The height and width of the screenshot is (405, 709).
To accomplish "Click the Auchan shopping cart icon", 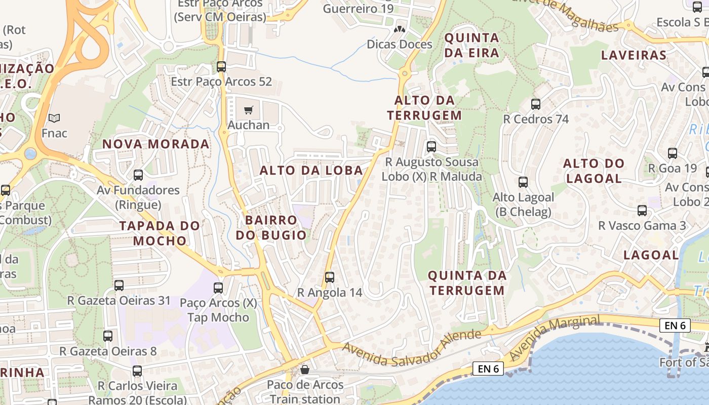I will [248, 110].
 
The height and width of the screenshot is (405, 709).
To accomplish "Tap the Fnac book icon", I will [54, 118].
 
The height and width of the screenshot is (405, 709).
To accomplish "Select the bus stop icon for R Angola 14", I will [330, 277].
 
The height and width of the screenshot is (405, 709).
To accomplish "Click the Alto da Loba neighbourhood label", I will [311, 171].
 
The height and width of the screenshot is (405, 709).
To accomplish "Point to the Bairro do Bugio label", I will [271, 228].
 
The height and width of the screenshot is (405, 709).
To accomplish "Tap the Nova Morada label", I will [156, 144].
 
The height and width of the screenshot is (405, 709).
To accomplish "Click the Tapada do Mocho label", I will [160, 233].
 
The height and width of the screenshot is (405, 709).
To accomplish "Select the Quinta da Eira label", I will [471, 45].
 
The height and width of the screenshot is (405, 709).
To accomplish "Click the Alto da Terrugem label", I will [424, 108].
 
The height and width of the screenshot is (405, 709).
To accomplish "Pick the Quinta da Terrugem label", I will [466, 283].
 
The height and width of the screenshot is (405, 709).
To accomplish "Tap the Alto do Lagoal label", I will [594, 171].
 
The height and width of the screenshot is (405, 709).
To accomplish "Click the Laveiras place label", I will [633, 55].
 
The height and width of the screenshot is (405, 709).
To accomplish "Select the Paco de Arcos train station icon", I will [305, 370].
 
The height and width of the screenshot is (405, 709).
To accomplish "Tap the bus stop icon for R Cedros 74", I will [536, 104].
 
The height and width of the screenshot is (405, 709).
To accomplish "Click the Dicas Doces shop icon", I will [400, 29].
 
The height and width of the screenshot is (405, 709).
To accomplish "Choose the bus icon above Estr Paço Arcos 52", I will [221, 66].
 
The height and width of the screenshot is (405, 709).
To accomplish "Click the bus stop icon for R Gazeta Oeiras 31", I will [119, 286].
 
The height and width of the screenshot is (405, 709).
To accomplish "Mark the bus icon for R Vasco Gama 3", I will [642, 211].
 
